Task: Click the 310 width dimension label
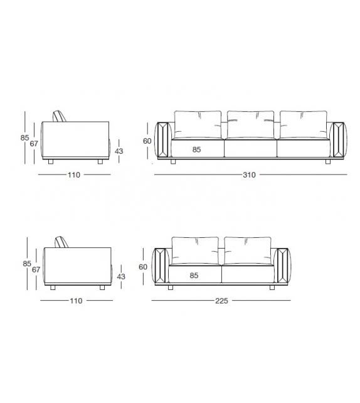(x=249, y=175)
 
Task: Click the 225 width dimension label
(x=221, y=300)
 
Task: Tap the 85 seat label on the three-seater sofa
(x=196, y=149)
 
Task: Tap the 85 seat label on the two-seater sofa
(x=195, y=275)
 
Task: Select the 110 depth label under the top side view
(x=74, y=175)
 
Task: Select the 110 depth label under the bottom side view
(x=76, y=301)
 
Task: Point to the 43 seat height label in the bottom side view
(x=121, y=276)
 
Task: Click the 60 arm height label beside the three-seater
(x=147, y=141)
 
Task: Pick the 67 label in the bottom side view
(x=36, y=269)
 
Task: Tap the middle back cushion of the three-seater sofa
(x=250, y=124)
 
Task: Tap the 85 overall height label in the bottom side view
(x=26, y=264)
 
